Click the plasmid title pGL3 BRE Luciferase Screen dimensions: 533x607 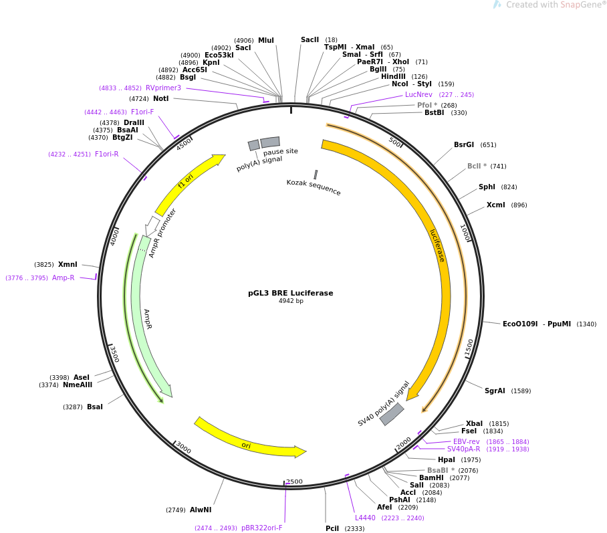coord(290,293)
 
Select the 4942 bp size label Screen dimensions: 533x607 coord(290,302)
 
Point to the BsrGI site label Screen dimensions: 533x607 coord(464,145)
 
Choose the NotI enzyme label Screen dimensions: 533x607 coord(160,99)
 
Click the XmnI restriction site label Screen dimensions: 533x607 coord(68,265)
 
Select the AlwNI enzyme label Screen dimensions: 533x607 coord(201,510)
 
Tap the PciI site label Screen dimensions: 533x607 coord(332,529)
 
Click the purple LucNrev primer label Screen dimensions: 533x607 coord(419,95)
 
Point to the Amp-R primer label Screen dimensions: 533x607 coord(64,278)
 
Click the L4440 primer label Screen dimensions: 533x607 coord(365,518)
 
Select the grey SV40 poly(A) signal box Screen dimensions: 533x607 coord(392,414)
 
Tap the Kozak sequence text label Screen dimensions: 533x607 coord(314,188)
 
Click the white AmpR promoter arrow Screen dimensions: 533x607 coord(152,225)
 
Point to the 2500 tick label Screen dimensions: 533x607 coord(294,482)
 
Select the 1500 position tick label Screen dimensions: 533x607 coord(469,348)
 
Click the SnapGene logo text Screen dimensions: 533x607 coord(556,5)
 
